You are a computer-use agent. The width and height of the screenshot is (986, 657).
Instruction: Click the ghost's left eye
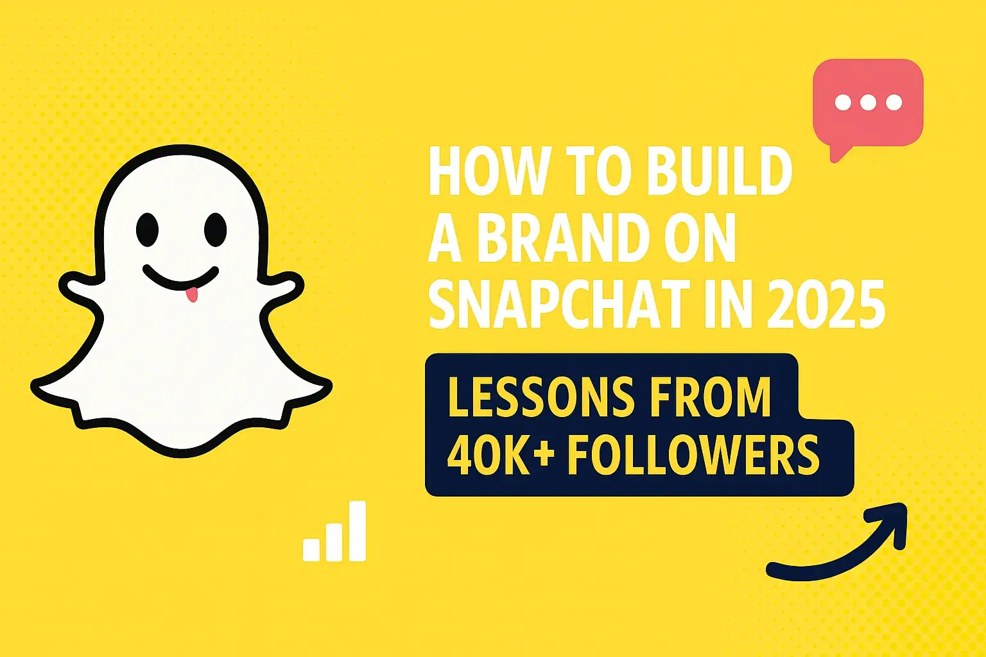point(147,229)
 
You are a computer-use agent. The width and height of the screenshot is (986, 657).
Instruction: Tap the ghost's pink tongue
point(191,296)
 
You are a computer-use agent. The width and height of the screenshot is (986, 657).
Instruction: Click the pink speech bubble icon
point(868,103)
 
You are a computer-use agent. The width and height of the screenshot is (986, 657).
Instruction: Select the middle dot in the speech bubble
point(868,103)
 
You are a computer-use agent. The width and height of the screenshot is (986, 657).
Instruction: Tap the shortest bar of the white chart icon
point(311,549)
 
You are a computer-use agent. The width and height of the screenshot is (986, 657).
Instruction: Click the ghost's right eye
point(216,229)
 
